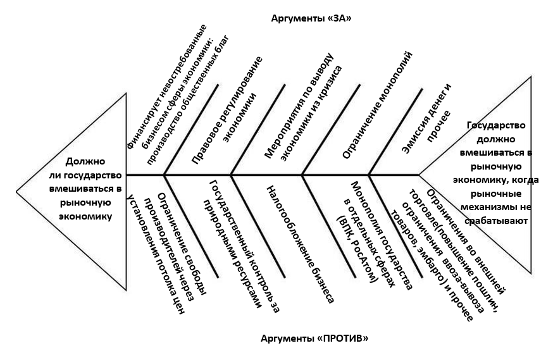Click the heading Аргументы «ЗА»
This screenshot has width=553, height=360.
311,18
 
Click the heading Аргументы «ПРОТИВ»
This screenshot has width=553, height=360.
314,338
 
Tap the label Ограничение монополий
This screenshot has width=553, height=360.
377,105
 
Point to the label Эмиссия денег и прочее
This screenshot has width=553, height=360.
426,118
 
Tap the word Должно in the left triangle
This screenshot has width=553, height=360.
85,161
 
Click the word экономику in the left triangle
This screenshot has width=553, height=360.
85,216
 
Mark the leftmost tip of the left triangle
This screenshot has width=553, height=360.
16,192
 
